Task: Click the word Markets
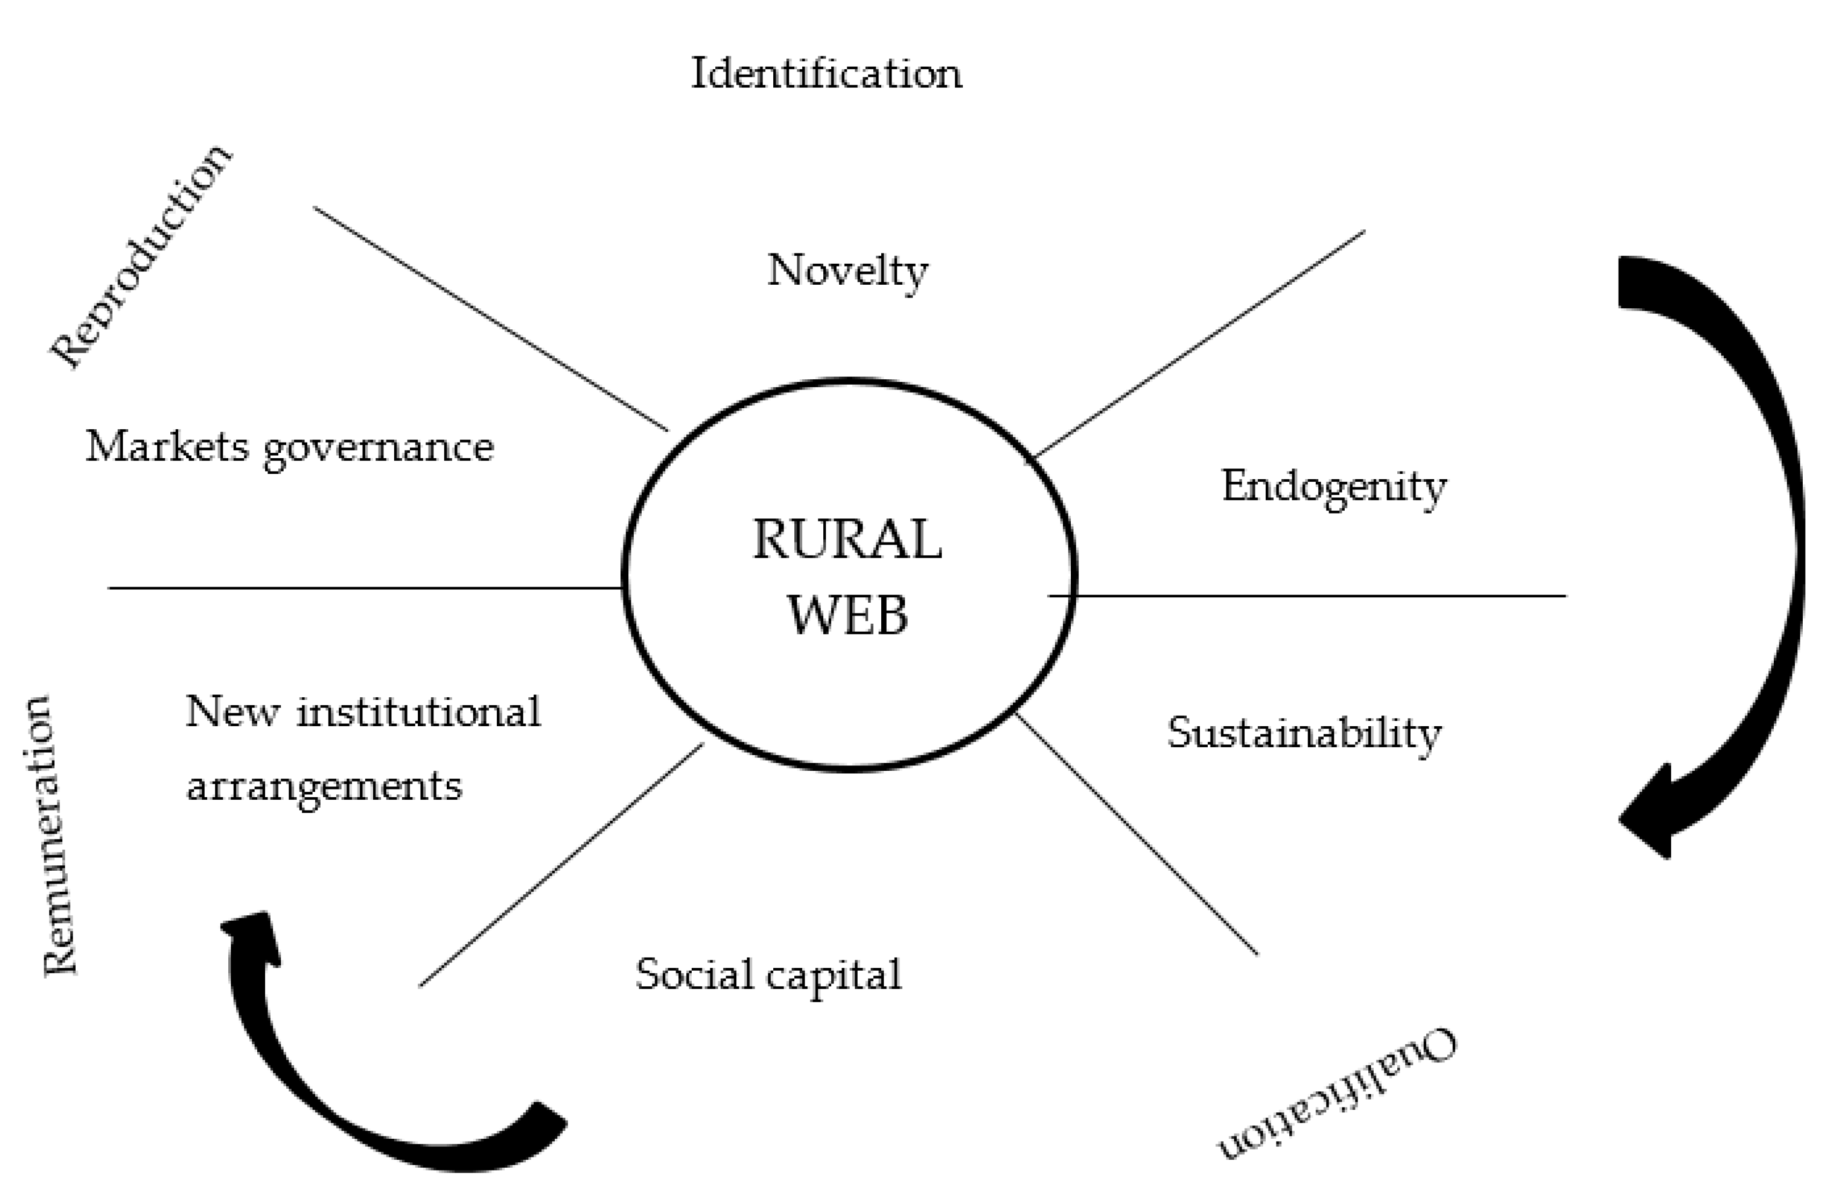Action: coord(166,446)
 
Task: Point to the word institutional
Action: coord(418,712)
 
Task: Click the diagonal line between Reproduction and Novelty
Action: coord(491,319)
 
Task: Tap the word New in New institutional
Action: coord(233,712)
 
